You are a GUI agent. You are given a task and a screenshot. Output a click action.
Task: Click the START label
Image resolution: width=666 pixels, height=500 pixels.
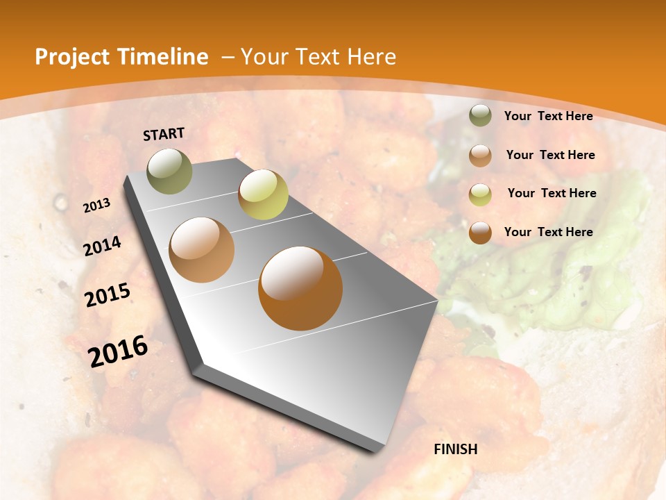164,134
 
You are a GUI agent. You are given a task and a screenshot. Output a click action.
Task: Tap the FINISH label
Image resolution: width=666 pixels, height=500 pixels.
456,449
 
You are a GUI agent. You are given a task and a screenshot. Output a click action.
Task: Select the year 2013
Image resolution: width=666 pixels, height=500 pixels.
97,205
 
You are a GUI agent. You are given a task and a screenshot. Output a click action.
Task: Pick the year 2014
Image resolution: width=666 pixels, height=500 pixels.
103,246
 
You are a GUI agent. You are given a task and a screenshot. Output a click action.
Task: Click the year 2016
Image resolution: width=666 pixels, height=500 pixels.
118,351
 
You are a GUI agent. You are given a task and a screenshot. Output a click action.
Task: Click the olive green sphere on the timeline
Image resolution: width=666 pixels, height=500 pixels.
170,171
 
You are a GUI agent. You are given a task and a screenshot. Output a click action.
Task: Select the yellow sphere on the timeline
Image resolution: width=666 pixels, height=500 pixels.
263,194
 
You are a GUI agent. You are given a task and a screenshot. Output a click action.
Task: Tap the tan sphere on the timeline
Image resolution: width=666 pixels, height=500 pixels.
202,250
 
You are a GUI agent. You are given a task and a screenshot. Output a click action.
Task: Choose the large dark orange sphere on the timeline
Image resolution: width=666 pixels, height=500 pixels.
300,287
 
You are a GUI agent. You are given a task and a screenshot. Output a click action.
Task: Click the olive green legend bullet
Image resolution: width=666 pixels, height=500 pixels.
480,115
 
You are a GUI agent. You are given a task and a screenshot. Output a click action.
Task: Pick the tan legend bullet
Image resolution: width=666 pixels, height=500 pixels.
480,155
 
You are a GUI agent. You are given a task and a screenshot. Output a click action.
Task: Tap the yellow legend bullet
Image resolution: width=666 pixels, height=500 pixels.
480,194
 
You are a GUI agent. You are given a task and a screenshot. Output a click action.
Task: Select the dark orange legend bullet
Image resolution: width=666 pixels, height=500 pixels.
480,233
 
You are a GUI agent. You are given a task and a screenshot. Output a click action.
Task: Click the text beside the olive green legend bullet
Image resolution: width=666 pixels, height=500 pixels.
548,116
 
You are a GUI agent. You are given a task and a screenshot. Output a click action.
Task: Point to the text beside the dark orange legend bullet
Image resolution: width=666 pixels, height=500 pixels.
548,232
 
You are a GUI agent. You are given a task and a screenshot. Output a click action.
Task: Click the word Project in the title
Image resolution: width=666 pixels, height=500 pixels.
72,57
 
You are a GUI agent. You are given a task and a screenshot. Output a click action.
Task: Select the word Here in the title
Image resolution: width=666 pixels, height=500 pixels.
370,57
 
